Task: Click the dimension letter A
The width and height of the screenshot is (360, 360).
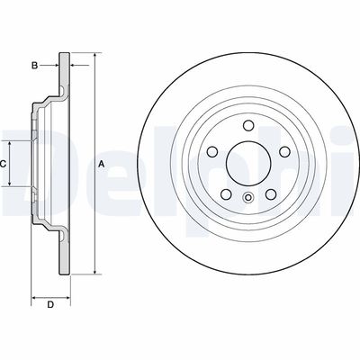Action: pyautogui.click(x=102, y=164)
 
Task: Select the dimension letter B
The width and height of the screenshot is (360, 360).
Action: pyautogui.click(x=34, y=66)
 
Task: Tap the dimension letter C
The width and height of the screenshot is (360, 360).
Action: pyautogui.click(x=4, y=164)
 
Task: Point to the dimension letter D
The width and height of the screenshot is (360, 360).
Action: pyautogui.click(x=51, y=305)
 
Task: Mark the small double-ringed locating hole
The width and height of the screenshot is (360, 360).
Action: pyautogui.click(x=247, y=198)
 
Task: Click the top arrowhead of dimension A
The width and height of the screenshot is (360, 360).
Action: pyautogui.click(x=93, y=57)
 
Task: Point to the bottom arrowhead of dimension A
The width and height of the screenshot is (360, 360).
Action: pyautogui.click(x=93, y=270)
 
